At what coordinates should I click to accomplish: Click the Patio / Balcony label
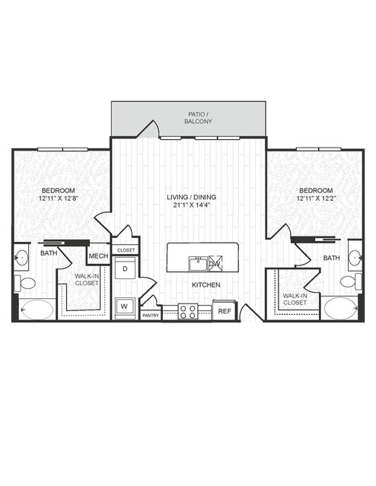click(x=198, y=118)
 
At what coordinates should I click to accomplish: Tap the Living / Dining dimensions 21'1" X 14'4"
click(x=190, y=205)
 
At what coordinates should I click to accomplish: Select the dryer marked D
click(x=125, y=268)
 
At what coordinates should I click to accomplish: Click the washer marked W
click(x=125, y=307)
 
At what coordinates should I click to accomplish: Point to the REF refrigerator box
click(x=225, y=310)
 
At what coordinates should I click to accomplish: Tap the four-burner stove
click(x=188, y=312)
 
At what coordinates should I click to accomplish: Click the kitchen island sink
click(x=198, y=264)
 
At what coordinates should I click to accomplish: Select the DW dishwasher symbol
click(x=215, y=263)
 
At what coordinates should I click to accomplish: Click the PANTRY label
click(x=151, y=316)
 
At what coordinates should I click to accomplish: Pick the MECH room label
click(x=98, y=256)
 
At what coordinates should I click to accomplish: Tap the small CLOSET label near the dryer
click(x=126, y=250)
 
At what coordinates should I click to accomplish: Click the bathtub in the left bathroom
click(x=37, y=310)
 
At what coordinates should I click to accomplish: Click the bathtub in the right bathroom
click(x=340, y=308)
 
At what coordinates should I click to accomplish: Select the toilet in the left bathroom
click(x=25, y=283)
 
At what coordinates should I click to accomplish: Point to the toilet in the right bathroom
click(x=351, y=281)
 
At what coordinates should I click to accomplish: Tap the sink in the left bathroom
click(x=21, y=257)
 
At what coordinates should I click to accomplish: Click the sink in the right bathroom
click(x=355, y=256)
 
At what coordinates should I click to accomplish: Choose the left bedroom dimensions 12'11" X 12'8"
click(x=58, y=199)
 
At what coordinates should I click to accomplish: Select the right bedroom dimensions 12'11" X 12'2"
click(x=316, y=199)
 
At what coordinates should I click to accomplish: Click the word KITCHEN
click(x=206, y=285)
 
